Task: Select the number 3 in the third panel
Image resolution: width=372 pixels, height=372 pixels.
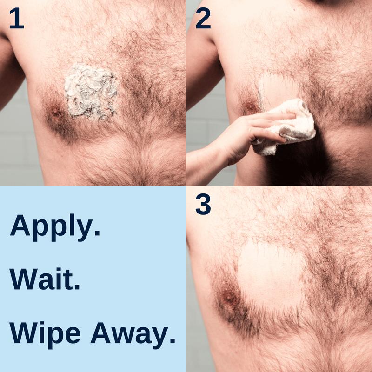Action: click(x=203, y=205)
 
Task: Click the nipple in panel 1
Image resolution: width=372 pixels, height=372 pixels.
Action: click(x=56, y=112)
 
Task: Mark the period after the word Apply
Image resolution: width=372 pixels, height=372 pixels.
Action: click(x=97, y=232)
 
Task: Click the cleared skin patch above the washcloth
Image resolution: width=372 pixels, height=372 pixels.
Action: click(x=279, y=88)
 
